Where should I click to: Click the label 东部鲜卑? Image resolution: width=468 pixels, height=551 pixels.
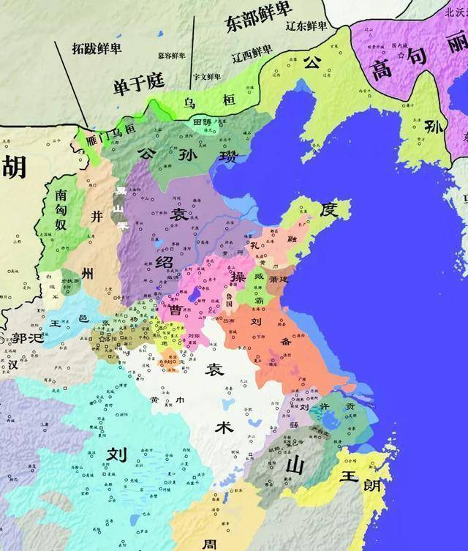click(255, 22)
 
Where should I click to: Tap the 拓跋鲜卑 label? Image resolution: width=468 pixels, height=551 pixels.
click(97, 48)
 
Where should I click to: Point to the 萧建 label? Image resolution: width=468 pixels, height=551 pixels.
click(278, 280)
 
